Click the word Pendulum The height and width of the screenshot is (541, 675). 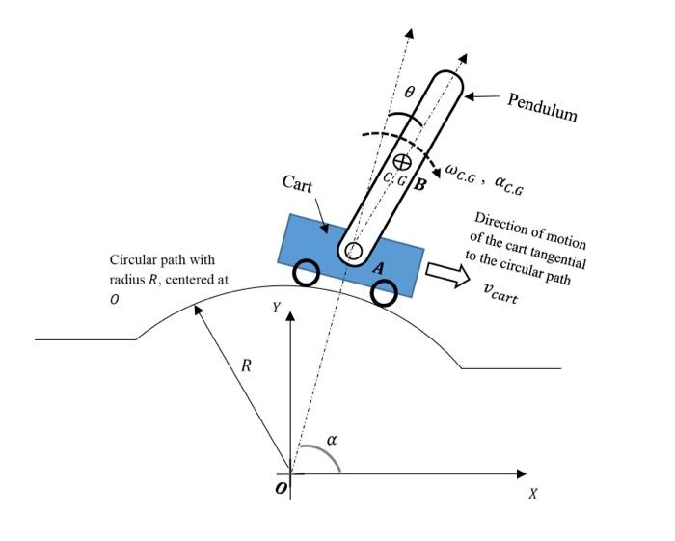tap(542, 107)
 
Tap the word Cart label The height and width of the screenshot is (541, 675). tap(299, 182)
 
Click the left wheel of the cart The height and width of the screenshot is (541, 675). tap(307, 274)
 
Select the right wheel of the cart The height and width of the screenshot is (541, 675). tap(384, 293)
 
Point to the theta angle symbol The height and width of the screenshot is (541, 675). tap(409, 93)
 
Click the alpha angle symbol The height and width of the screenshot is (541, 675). tap(332, 440)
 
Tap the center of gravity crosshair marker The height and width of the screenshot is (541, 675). tap(402, 161)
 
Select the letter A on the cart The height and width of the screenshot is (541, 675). tap(379, 271)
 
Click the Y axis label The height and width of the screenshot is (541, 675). tap(276, 308)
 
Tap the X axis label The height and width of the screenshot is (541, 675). tap(531, 493)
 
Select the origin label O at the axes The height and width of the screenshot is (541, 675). tap(280, 489)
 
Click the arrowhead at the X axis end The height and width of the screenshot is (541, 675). tap(522, 473)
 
